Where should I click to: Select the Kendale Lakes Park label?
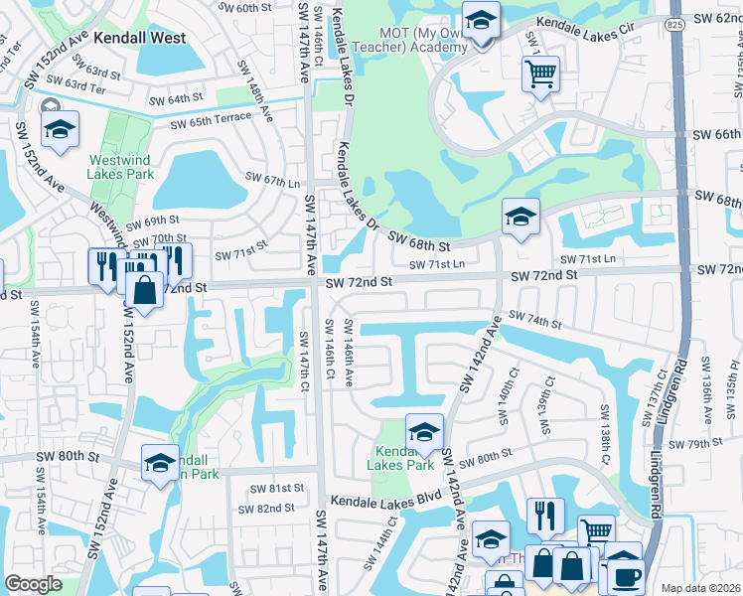[400, 456]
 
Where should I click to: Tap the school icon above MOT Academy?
[482, 22]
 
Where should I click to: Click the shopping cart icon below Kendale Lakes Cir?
[540, 74]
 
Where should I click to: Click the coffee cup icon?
[626, 576]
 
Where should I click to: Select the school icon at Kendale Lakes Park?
[424, 432]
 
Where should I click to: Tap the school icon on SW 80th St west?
[160, 463]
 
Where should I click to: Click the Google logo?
[34, 584]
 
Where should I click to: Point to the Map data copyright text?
[701, 588]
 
